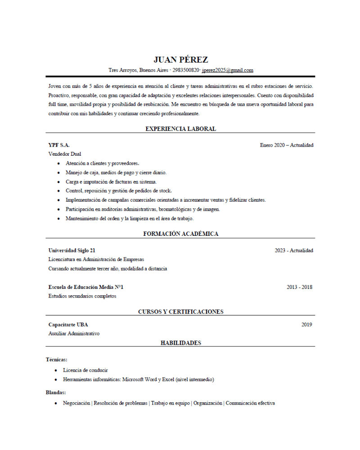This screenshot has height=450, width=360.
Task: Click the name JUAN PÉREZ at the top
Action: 180,60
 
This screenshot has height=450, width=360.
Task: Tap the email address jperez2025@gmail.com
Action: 227,70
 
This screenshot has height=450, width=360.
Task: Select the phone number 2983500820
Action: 185,70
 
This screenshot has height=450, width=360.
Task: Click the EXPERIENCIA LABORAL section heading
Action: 180,129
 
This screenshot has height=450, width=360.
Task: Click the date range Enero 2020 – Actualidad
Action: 286,145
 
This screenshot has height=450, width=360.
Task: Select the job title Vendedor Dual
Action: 65,154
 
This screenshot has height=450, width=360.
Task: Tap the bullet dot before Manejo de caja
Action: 59,173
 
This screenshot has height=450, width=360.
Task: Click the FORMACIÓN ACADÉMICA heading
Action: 180,234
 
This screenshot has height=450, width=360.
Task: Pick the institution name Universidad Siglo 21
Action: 72,250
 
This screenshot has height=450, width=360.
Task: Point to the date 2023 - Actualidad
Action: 294,250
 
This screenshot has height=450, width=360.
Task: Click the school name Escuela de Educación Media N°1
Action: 86,287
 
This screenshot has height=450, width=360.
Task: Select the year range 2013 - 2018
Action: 299,287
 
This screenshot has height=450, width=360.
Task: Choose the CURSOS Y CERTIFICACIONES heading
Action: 180,311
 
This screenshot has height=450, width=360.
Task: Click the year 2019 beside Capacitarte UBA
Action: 306,324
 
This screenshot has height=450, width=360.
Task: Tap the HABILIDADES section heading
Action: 180,343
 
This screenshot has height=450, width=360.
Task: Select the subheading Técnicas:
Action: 56,359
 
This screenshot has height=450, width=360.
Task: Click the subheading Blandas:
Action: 56,392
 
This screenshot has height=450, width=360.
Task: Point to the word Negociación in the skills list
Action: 76,403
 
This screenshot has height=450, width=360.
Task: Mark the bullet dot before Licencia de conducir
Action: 56,370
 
